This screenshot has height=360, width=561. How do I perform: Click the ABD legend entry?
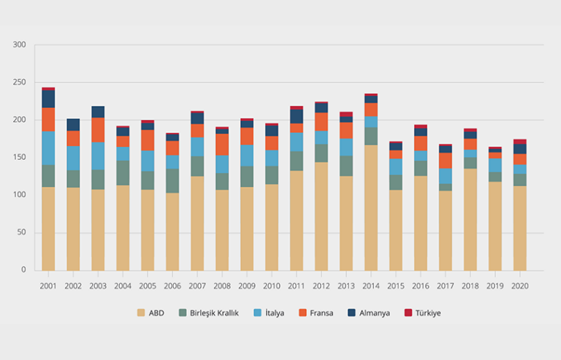(x=151, y=313)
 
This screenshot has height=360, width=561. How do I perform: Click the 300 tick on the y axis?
(x=20, y=45)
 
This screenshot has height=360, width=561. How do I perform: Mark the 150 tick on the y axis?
(x=20, y=158)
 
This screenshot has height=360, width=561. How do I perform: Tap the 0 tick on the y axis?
(x=23, y=270)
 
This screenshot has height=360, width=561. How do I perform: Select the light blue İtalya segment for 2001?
(x=48, y=148)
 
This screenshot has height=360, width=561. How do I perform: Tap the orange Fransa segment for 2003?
(x=98, y=130)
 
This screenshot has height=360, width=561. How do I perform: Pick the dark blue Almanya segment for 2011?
(x=297, y=116)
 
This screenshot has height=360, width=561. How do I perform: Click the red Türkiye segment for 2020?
(x=520, y=142)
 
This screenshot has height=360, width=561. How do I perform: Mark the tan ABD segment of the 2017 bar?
(x=446, y=231)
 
